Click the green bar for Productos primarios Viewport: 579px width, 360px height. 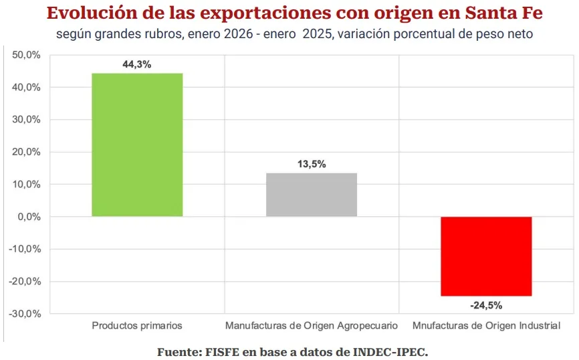(137, 145)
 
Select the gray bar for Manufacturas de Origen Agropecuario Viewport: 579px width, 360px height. (312, 195)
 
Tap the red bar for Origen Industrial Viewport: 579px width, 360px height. (486, 256)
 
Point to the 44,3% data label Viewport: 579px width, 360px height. (137, 65)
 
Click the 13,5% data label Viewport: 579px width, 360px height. (312, 164)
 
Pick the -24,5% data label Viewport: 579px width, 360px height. (486, 305)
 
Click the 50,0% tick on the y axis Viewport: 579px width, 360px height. (27, 56)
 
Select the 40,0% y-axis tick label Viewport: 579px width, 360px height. (27, 88)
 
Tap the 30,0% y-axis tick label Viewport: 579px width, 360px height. (27, 120)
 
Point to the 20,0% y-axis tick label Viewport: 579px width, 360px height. (27, 152)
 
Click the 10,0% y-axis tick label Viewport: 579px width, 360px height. (27, 185)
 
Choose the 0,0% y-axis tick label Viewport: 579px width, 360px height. (29, 217)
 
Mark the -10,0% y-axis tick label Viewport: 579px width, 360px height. (25, 249)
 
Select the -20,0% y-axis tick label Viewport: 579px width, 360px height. (25, 281)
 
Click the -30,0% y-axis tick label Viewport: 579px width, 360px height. (25, 313)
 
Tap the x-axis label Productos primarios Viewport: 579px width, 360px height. (137, 326)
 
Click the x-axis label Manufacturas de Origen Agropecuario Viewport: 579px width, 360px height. (312, 326)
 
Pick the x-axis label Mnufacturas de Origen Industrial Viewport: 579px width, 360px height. (486, 326)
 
